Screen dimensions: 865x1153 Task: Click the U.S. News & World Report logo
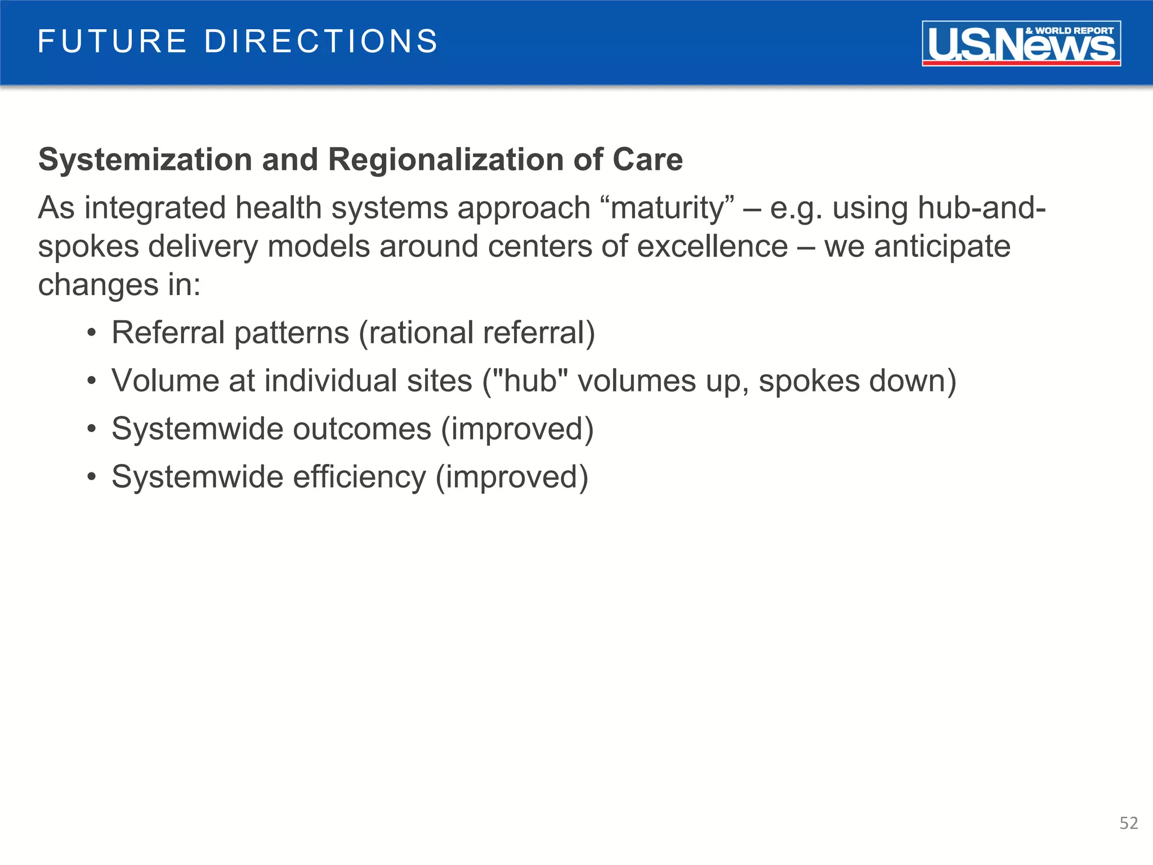click(x=1021, y=44)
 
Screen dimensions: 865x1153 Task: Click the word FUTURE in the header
click(x=112, y=42)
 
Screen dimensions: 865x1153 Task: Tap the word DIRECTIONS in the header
click(x=321, y=42)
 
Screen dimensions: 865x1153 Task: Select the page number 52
click(x=1128, y=823)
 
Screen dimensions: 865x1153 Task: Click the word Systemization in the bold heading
click(x=145, y=160)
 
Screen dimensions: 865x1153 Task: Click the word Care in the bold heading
click(x=647, y=160)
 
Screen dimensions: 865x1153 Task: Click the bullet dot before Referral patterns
click(x=92, y=333)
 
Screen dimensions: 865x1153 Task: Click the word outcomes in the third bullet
click(x=361, y=430)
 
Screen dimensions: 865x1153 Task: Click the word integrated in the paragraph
click(x=155, y=208)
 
